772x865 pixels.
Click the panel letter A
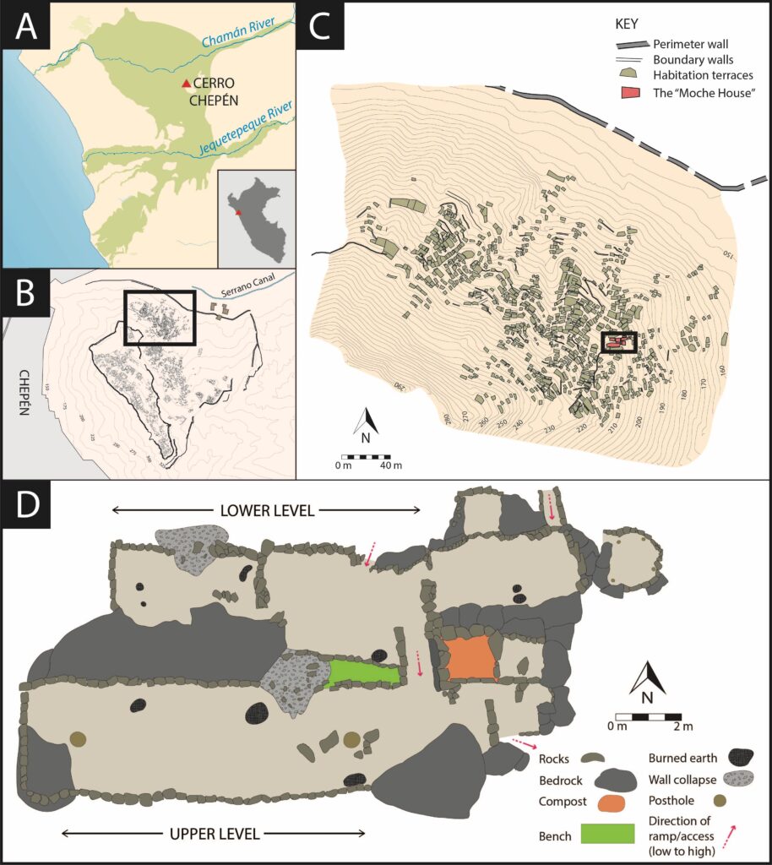click(x=26, y=28)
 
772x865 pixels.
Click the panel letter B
click(x=27, y=294)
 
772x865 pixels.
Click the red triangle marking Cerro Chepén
click(x=186, y=84)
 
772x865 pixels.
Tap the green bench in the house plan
click(x=363, y=672)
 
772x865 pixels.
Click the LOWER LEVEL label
click(x=266, y=510)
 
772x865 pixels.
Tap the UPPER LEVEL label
click(x=215, y=833)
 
